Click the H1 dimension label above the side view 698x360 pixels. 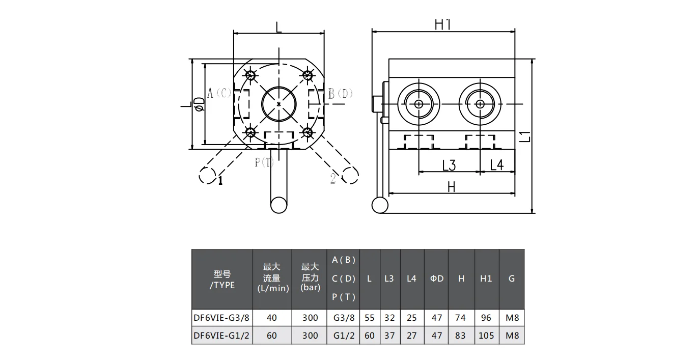tap(443, 24)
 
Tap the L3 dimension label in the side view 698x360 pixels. tap(449, 165)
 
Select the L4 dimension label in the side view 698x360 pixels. tap(496, 165)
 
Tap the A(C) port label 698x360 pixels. tap(219, 93)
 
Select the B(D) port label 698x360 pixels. tap(340, 93)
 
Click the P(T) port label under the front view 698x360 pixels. tap(265, 162)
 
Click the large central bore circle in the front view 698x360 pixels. tap(278, 104)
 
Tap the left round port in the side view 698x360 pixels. tap(418, 104)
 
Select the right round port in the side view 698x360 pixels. tap(480, 104)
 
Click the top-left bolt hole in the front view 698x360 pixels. tap(250, 75)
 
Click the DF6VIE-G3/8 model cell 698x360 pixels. tap(221, 318)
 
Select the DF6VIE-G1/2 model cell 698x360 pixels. tap(221, 336)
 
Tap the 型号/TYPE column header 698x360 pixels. tap(222, 279)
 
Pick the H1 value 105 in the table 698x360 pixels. tap(486, 336)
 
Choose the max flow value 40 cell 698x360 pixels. tap(272, 318)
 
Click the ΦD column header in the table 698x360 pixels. tap(437, 279)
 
